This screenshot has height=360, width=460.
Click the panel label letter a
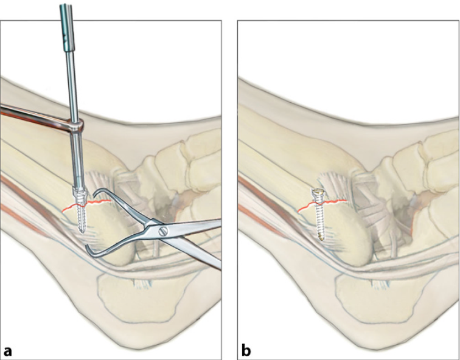click(8, 351)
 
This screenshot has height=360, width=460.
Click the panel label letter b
click(246, 350)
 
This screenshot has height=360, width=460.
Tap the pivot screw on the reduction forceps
click(162, 232)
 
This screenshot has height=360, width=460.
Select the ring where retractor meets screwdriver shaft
click(75, 126)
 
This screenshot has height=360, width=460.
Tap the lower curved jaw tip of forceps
click(88, 249)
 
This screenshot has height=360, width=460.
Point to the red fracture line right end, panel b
click(346, 201)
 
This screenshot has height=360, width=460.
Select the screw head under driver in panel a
click(80, 195)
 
